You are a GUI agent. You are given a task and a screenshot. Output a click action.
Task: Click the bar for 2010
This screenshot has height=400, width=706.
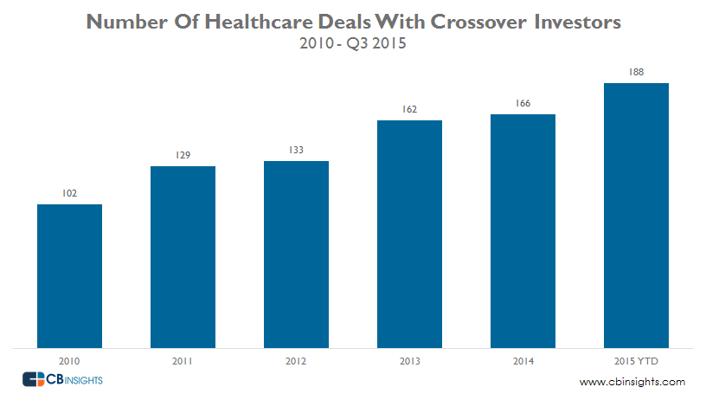[69, 276]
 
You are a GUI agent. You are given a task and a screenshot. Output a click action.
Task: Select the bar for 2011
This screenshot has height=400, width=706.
[183, 257]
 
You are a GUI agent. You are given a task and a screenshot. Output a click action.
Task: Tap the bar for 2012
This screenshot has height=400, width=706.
[296, 255]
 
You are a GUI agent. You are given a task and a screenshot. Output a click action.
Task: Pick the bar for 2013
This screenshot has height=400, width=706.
[409, 234]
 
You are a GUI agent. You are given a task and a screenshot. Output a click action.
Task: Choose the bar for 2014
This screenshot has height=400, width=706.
[523, 231]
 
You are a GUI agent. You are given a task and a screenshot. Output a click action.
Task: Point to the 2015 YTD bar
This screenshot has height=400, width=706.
[636, 216]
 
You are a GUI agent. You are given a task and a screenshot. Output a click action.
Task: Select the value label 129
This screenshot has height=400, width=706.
[183, 155]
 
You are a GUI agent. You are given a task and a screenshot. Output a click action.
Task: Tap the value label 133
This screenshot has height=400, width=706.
[296, 150]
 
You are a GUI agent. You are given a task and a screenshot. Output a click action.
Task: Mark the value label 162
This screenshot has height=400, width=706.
[409, 109]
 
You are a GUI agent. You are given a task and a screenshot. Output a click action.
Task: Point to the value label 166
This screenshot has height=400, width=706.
[523, 104]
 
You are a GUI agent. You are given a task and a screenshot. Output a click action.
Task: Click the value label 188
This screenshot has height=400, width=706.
[636, 73]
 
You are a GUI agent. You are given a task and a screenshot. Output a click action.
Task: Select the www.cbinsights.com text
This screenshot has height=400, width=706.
[632, 382]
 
